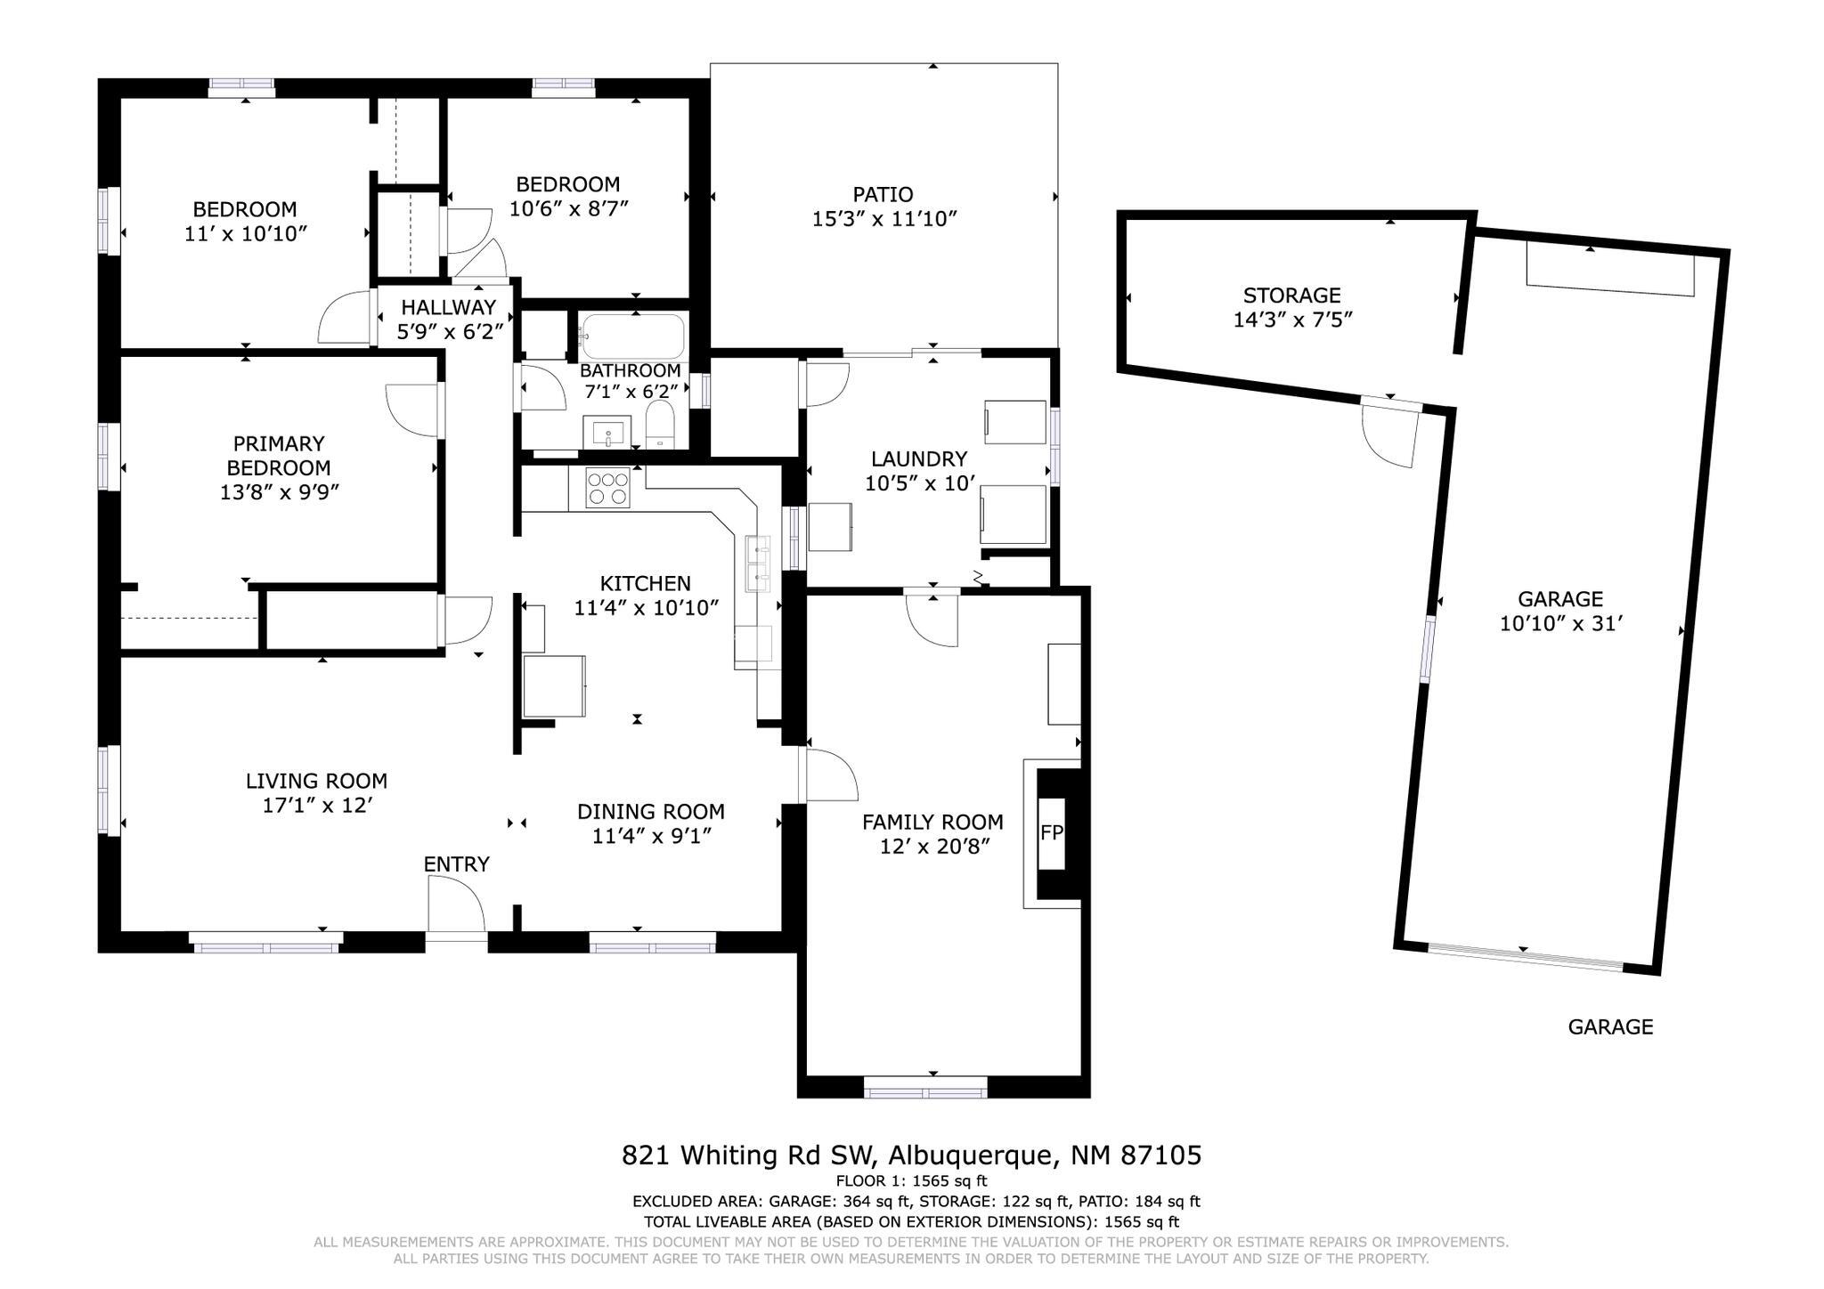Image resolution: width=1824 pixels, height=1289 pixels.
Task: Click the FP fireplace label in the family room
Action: [x=1051, y=833]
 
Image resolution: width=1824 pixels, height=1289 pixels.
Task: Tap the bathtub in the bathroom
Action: [x=632, y=336]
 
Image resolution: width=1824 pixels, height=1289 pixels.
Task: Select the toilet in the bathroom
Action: [x=660, y=424]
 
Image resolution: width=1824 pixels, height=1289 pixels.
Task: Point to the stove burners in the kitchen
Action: [x=607, y=489]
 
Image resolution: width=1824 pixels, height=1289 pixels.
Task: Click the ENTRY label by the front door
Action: [x=456, y=864]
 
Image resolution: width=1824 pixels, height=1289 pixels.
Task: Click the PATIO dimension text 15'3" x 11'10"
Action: [x=883, y=219]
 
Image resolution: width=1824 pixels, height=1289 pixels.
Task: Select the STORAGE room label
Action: [x=1291, y=296]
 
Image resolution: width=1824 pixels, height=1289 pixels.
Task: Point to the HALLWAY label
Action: [x=448, y=308]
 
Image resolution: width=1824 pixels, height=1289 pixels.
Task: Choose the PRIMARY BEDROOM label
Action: [x=278, y=456]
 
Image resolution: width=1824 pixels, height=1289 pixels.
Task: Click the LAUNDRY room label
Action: [x=918, y=459]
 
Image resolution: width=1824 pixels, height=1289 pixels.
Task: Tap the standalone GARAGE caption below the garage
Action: [x=1609, y=1027]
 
